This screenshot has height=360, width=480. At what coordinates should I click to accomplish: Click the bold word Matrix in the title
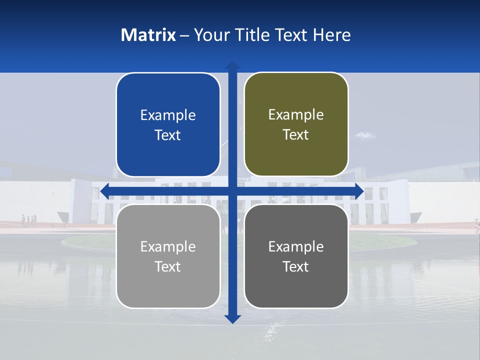tap(148, 35)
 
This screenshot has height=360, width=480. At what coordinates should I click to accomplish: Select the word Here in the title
tap(332, 35)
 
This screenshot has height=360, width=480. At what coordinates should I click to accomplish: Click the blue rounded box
tap(168, 125)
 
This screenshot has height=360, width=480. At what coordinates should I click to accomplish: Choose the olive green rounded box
tap(296, 124)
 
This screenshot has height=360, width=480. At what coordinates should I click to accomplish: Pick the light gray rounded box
tap(168, 256)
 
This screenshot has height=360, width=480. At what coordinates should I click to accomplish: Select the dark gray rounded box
tap(296, 256)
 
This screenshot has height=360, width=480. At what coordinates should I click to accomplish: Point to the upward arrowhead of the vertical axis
tap(232, 65)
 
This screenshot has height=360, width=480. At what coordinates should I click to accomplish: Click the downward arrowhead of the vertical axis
tap(232, 319)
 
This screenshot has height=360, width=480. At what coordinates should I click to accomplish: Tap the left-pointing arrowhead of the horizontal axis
tap(104, 191)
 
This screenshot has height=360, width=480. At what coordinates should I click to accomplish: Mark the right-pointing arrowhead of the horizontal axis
tap(359, 191)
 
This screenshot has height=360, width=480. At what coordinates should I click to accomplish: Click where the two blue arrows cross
tap(232, 191)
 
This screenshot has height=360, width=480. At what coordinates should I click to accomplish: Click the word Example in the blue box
tap(168, 115)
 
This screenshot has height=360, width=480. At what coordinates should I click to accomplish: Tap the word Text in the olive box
tap(296, 134)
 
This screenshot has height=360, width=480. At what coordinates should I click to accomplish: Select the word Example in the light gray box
tap(168, 246)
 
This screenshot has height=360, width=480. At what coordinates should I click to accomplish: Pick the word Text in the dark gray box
tap(296, 266)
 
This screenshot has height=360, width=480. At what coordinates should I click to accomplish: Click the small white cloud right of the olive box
tap(365, 135)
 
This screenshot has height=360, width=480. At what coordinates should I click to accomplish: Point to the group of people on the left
tap(28, 220)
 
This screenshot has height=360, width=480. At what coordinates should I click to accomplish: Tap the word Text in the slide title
tap(292, 35)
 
